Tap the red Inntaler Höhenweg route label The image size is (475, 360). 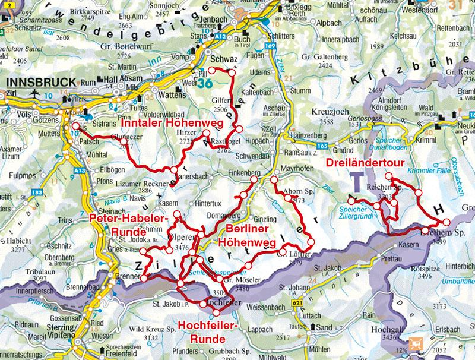click(x=172, y=123)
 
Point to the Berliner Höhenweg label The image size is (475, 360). click(x=244, y=236)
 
